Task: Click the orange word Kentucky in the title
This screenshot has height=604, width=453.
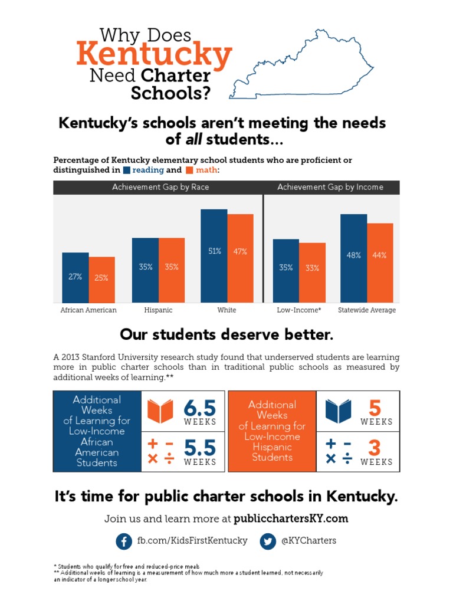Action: (154, 54)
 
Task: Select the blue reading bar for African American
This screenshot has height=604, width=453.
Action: (75, 278)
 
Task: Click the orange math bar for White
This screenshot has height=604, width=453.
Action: (241, 258)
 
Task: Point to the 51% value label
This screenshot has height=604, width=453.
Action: (215, 251)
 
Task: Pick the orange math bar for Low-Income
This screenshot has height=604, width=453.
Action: (313, 273)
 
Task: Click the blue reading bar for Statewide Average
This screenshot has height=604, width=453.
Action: (354, 258)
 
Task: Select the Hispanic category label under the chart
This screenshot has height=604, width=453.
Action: (158, 310)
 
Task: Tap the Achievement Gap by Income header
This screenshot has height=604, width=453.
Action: (330, 187)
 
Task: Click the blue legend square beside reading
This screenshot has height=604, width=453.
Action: (127, 170)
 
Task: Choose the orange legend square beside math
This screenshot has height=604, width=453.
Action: (189, 170)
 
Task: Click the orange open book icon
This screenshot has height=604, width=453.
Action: (160, 411)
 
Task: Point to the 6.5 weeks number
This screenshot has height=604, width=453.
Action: (199, 408)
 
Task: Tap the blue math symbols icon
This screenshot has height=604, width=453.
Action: (339, 451)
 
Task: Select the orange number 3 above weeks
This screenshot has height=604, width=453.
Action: (375, 448)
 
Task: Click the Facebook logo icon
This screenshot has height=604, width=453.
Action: (124, 541)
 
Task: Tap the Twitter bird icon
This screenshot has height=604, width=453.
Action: (268, 541)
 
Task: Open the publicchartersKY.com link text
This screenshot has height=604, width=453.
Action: (291, 518)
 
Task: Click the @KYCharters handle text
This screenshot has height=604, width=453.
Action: (308, 541)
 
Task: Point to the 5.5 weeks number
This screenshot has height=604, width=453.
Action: (199, 448)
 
